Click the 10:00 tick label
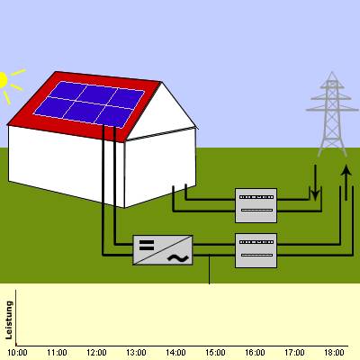click(17, 353)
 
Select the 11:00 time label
click(57, 353)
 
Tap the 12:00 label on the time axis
click(96, 353)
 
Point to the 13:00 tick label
click(136, 353)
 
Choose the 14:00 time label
click(175, 353)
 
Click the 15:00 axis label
click(215, 353)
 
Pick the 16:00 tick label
click(255, 353)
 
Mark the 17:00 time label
click(294, 353)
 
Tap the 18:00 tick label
click(334, 353)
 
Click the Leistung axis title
click(9, 320)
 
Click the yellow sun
click(3, 80)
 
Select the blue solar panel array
click(89, 104)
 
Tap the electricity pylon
click(332, 114)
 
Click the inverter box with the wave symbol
click(163, 250)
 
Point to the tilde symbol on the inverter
click(178, 257)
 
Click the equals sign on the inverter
click(147, 246)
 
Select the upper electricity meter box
click(256, 205)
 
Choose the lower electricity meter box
click(256, 250)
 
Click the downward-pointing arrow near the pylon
click(315, 183)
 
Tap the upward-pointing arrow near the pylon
click(346, 183)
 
